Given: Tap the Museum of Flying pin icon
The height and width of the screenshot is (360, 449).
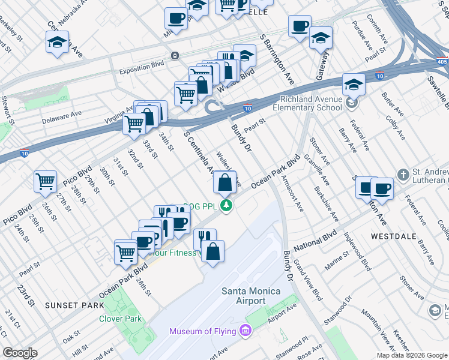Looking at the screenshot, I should coord(244,331).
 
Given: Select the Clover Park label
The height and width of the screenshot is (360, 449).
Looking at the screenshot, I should coord(121,319).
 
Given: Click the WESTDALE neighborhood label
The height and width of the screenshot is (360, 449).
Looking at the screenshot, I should coord(393,236).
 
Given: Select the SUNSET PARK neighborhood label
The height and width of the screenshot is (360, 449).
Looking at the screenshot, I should coord(70,305).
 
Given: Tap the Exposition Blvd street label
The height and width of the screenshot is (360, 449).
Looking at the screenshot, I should coord(142,62).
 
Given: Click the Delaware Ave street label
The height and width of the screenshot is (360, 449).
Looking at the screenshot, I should coord(61,116).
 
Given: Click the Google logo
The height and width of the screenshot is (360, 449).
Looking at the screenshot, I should coord(20,353).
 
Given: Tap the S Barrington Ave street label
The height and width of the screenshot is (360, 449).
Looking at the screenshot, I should coord(277,60).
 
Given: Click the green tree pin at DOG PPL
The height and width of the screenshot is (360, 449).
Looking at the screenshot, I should coord(226,206).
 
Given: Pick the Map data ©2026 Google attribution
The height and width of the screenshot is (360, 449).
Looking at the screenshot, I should coord(412,355).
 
